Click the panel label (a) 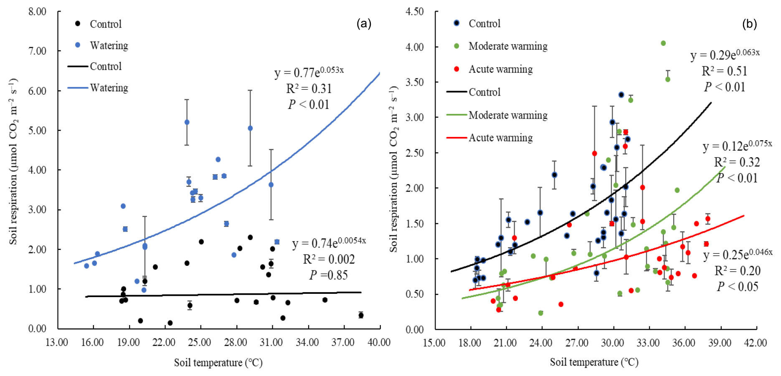pyautogui.click(x=363, y=24)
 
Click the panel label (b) pyautogui.click(x=749, y=24)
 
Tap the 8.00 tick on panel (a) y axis pyautogui.click(x=37, y=12)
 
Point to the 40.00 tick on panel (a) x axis pyautogui.click(x=379, y=343)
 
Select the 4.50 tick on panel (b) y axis pyautogui.click(x=414, y=12)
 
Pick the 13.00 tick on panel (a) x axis pyautogui.click(x=57, y=343)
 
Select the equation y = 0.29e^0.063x pyautogui.click(x=725, y=54)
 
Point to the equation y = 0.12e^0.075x pyautogui.click(x=737, y=146)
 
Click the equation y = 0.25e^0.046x pyautogui.click(x=738, y=254)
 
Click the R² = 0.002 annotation pyautogui.click(x=329, y=259)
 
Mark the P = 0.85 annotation pyautogui.click(x=329, y=275)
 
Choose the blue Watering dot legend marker pyautogui.click(x=78, y=45)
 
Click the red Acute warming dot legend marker pyautogui.click(x=456, y=69)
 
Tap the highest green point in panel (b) pyautogui.click(x=663, y=43)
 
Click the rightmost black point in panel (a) pyautogui.click(x=361, y=315)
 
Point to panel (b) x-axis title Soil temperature pyautogui.click(x=594, y=362)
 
